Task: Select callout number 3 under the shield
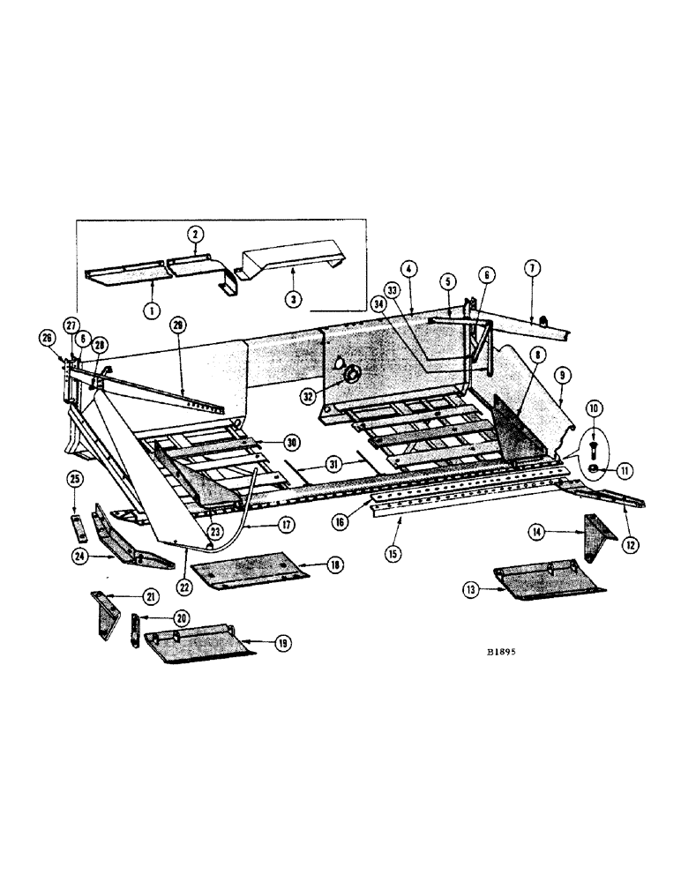point(293,299)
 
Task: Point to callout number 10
point(593,408)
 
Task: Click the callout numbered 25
point(73,478)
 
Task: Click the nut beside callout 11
point(593,468)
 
